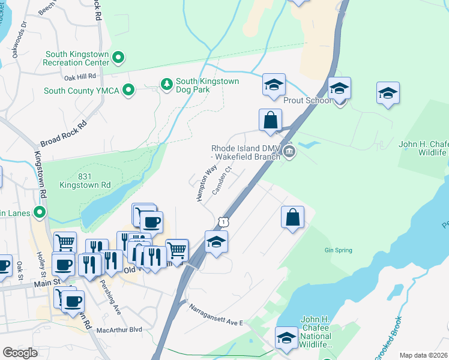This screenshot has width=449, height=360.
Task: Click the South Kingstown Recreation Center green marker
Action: (x=119, y=58)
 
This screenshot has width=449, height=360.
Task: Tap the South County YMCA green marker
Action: (x=128, y=91)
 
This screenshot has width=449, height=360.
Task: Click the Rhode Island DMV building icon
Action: (x=289, y=151)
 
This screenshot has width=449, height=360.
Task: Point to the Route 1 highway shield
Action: (x=223, y=223)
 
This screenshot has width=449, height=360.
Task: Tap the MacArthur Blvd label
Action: (x=122, y=329)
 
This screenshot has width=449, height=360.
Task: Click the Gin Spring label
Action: (x=338, y=250)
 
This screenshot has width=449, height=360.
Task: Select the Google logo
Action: (x=20, y=353)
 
